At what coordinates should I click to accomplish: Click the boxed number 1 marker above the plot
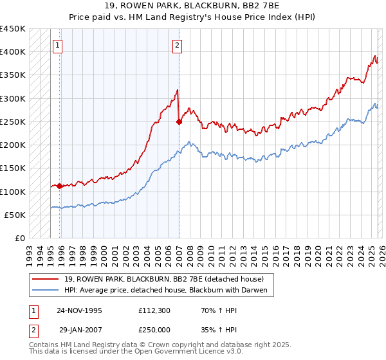tap(59, 45)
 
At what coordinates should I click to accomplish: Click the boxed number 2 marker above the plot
tap(177, 45)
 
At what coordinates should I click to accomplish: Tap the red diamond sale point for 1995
tap(60, 186)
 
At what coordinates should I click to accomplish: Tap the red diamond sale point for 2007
tap(179, 122)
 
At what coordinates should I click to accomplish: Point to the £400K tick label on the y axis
tap(13, 52)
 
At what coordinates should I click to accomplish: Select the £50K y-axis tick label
tap(15, 215)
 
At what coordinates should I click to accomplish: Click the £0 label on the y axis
tap(20, 239)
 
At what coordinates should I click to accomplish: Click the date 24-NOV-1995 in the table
tap(79, 310)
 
